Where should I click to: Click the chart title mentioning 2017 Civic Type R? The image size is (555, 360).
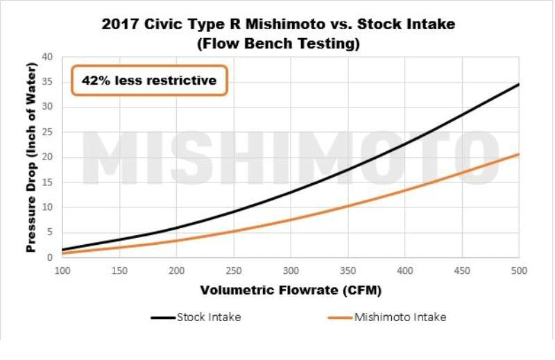pyautogui.click(x=277, y=25)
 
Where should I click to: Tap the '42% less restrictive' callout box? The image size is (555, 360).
pyautogui.click(x=148, y=80)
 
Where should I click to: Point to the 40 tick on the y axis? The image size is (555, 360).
pyautogui.click(x=47, y=56)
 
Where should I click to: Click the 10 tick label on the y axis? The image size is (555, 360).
pyautogui.click(x=47, y=207)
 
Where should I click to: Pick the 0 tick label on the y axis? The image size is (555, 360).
pyautogui.click(x=50, y=258)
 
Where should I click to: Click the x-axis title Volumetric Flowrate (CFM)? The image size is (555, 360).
pyautogui.click(x=290, y=289)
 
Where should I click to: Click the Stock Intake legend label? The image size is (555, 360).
pyautogui.click(x=209, y=318)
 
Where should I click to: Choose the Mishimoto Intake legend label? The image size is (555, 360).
pyautogui.click(x=400, y=318)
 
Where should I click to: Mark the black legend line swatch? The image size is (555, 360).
pyautogui.click(x=163, y=318)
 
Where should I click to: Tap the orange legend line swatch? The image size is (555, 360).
pyautogui.click(x=340, y=318)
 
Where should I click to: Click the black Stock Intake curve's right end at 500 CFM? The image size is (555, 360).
pyautogui.click(x=518, y=85)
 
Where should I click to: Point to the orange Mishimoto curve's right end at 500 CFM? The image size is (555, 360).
pyautogui.click(x=518, y=155)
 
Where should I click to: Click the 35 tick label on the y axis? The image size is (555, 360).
pyautogui.click(x=47, y=81)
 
